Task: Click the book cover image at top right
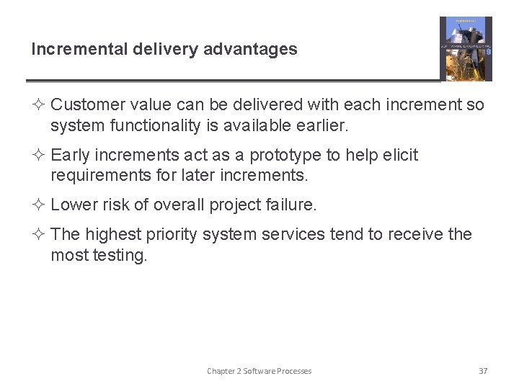466,49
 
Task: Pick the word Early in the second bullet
71,155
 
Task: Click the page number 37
483,371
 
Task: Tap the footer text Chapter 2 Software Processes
259,371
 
